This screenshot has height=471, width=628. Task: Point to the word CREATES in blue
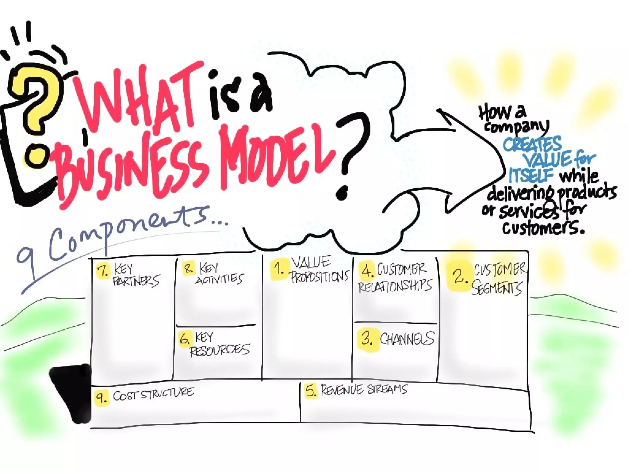pos(532,144)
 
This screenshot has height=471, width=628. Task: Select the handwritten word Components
pos(129,233)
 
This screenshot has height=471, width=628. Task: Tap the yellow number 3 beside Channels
pos(367,339)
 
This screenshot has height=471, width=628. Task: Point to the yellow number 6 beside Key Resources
pos(185,339)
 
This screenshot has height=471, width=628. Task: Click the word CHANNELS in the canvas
pos(407,339)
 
